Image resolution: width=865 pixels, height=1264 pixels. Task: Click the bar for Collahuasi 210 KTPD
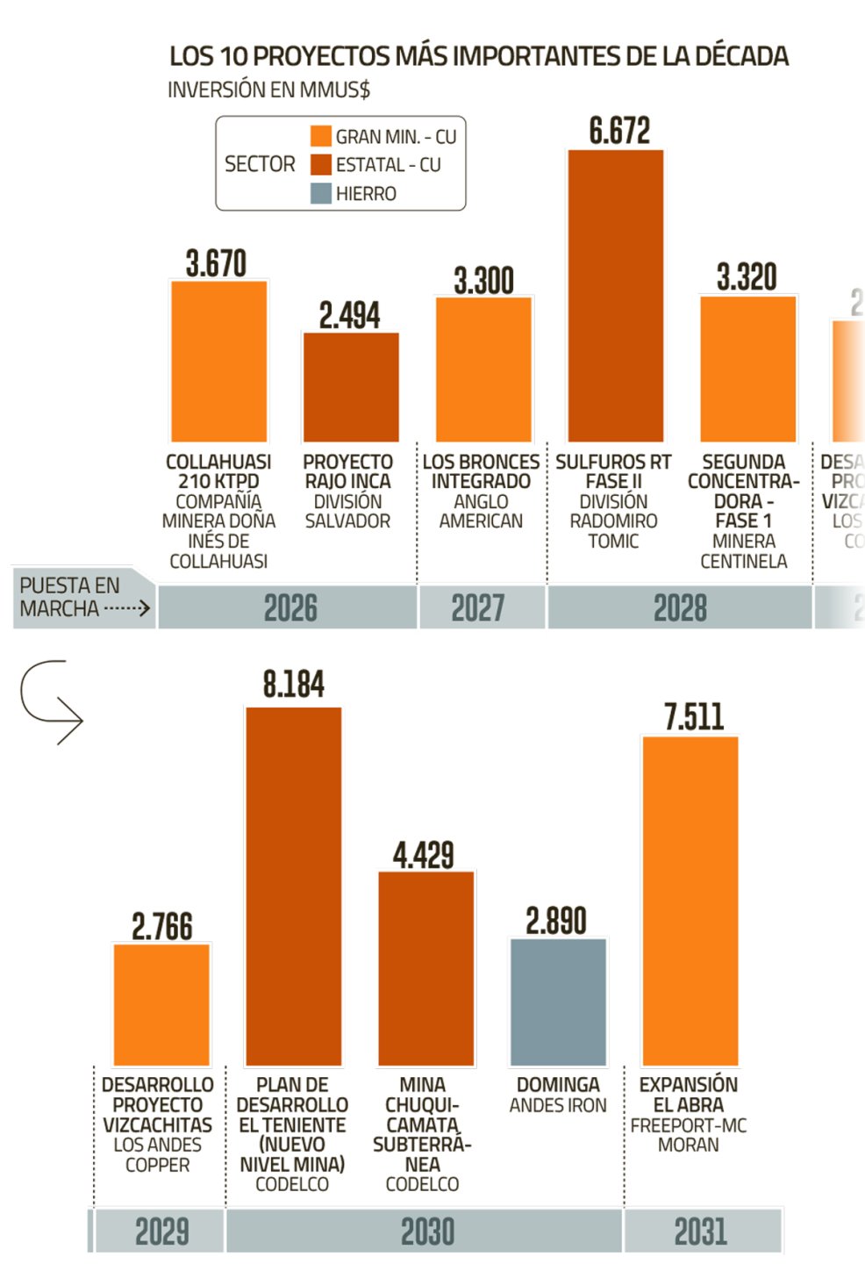[x=218, y=361]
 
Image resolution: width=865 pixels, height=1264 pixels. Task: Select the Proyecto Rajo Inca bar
[x=351, y=387]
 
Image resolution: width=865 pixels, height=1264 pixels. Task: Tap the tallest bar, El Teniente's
[x=293, y=886]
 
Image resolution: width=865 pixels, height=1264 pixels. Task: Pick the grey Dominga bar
[x=558, y=1002]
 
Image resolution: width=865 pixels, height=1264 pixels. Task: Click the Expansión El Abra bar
[x=690, y=901]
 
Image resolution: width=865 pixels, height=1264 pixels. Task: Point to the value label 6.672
[x=619, y=132]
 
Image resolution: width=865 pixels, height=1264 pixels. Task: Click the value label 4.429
[x=424, y=855]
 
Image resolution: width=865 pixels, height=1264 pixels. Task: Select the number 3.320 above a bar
[x=747, y=277]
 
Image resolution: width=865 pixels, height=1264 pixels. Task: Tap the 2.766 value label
[x=162, y=927]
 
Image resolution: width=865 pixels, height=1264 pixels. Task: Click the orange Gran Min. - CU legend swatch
[x=321, y=136]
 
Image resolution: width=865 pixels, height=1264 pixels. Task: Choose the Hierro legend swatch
[x=321, y=193]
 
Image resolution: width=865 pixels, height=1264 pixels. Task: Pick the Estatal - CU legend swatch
[x=321, y=164]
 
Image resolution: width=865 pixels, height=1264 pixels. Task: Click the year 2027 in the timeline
[x=478, y=607]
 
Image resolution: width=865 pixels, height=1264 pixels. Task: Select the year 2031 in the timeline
[x=701, y=1232]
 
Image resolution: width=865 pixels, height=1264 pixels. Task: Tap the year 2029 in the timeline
[x=162, y=1232]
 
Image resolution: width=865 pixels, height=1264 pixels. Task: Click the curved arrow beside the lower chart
[x=51, y=701]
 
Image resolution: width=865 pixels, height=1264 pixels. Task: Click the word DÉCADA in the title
[x=741, y=56]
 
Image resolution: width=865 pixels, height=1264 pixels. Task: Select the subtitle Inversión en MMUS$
[x=268, y=90]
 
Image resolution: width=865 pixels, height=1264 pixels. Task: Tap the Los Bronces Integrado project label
[x=481, y=471]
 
